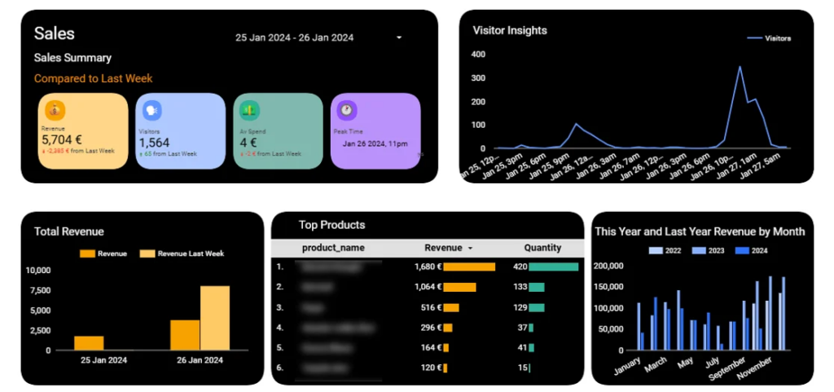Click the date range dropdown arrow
tap(399, 37)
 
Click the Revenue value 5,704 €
tap(62, 139)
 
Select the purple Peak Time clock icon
tap(347, 109)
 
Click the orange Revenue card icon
tap(55, 109)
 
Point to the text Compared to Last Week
tap(93, 79)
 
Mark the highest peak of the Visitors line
tap(740, 67)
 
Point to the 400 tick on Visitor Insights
tap(478, 55)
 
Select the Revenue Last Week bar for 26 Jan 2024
tap(215, 318)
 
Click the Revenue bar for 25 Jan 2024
tap(89, 342)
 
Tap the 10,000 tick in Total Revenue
tap(38, 271)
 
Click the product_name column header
tap(333, 248)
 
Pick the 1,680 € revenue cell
tap(428, 266)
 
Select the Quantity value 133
tap(520, 287)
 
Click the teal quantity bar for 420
tap(553, 266)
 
